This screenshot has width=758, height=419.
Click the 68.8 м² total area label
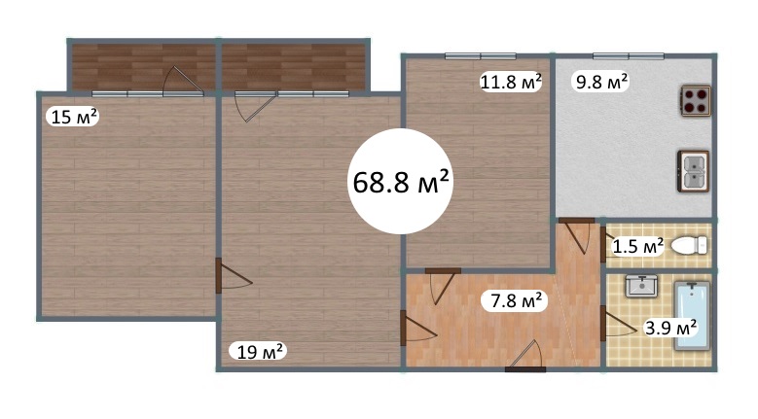point(400,182)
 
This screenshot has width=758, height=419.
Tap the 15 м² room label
point(73,117)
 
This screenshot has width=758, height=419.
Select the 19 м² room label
point(260,351)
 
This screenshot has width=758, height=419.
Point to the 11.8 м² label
point(511,82)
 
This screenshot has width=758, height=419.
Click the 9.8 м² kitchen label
point(601,82)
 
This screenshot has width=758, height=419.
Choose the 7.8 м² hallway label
point(516,301)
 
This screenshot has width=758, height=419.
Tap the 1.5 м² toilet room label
point(637,246)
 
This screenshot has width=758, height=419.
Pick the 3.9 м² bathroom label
point(670,328)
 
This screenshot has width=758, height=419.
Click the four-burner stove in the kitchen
point(696,100)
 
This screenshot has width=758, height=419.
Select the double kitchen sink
point(693,171)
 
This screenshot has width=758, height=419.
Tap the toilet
point(689,245)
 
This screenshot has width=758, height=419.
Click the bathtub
point(692,315)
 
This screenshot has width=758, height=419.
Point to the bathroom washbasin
point(641,285)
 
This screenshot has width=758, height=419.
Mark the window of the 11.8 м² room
point(481,56)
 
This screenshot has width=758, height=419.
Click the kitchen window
point(629,56)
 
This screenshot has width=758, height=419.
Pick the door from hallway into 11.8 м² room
point(443,286)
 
